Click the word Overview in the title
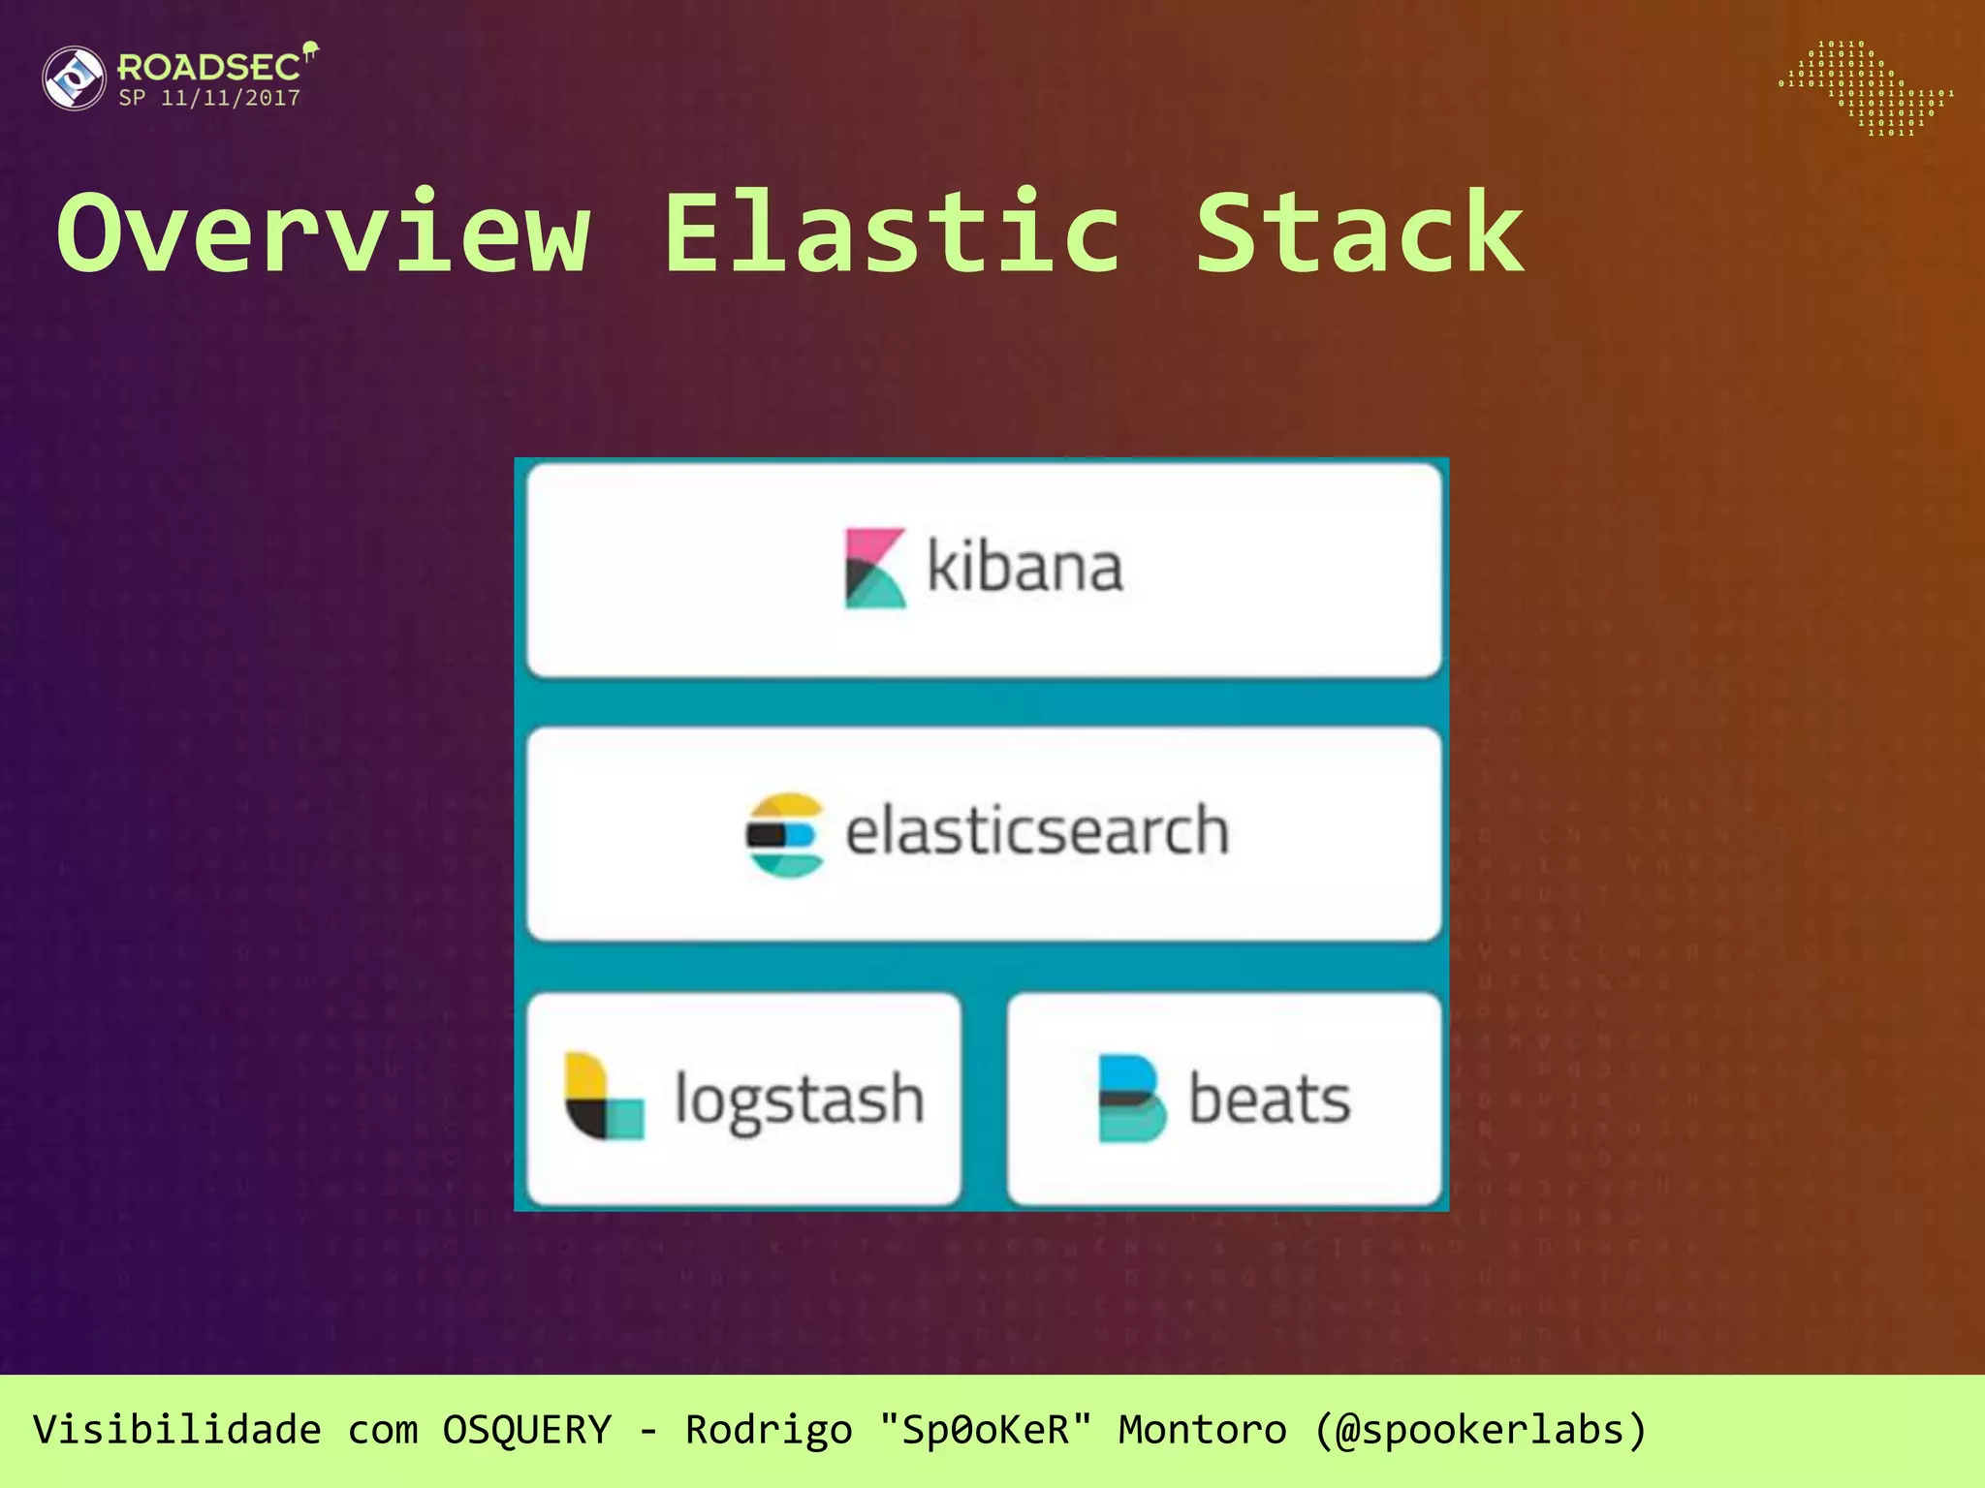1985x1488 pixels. tap(324, 232)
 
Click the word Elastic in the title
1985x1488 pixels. tap(893, 232)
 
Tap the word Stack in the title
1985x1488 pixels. tap(1359, 232)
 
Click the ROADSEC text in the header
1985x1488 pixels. tap(208, 68)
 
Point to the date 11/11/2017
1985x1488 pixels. tap(231, 98)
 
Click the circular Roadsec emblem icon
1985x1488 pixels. tap(75, 78)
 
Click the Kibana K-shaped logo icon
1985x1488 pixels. tap(874, 568)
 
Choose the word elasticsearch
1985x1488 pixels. tap(1037, 831)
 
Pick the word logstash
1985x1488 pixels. tap(799, 1100)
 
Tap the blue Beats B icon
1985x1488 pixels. tap(1130, 1099)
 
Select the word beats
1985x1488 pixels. tap(1269, 1100)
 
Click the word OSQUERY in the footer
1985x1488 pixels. tap(527, 1430)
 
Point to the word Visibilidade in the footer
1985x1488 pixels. tap(176, 1430)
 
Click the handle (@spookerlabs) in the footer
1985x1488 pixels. tap(1480, 1430)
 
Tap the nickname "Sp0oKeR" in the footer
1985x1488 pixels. tap(986, 1430)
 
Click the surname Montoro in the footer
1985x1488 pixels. tap(1202, 1430)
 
